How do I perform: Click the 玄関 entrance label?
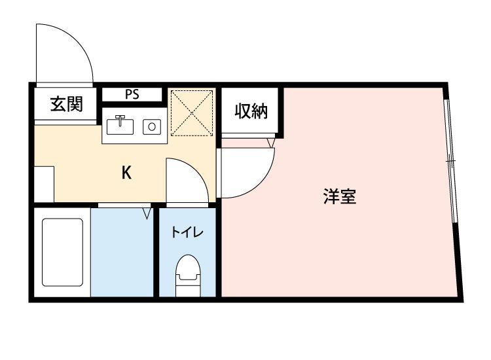click(67, 103)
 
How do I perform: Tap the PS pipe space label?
click(132, 94)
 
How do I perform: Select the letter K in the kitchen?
click(126, 172)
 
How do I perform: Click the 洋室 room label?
click(340, 196)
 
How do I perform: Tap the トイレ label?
click(187, 232)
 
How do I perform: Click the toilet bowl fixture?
click(187, 273)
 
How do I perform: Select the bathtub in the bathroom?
click(63, 251)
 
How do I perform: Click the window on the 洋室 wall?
click(450, 160)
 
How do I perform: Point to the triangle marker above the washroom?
click(147, 213)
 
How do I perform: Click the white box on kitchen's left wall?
click(44, 185)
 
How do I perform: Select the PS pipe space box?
click(132, 94)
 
